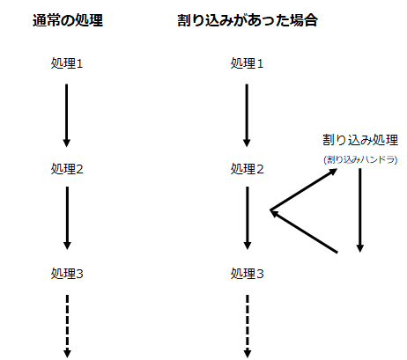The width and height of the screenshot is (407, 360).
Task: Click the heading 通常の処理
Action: coord(68,20)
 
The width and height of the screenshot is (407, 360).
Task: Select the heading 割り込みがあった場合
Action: coord(248,20)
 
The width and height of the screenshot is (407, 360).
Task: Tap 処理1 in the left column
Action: coord(67,63)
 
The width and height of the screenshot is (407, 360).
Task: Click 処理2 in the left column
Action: coord(67,169)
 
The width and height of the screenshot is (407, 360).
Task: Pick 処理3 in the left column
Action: coord(67,274)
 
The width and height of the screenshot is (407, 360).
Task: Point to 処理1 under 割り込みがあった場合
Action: coord(247,63)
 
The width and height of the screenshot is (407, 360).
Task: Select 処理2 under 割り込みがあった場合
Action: coord(247,169)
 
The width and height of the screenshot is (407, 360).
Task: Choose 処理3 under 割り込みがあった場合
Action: coord(247,274)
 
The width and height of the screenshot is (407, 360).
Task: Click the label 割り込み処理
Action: coord(360,140)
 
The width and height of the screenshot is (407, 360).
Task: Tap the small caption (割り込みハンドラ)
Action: coord(360,159)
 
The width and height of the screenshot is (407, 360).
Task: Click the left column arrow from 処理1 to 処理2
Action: coord(67,115)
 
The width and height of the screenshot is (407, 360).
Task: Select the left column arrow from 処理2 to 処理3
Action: coord(67,218)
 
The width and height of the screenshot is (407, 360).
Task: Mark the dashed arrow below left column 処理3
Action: coord(67,327)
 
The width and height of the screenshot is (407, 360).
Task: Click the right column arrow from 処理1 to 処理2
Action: coord(247,115)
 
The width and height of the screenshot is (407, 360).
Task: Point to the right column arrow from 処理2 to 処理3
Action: coord(248,218)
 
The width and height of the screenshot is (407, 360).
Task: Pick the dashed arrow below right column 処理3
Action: coord(248,327)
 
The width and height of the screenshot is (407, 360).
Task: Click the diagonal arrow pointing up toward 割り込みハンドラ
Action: coord(304,189)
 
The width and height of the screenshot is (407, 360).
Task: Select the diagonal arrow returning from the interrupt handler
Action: coord(304,231)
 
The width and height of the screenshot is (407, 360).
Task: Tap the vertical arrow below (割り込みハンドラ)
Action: coord(360,210)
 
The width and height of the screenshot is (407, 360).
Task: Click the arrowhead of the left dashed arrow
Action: coord(67,354)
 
